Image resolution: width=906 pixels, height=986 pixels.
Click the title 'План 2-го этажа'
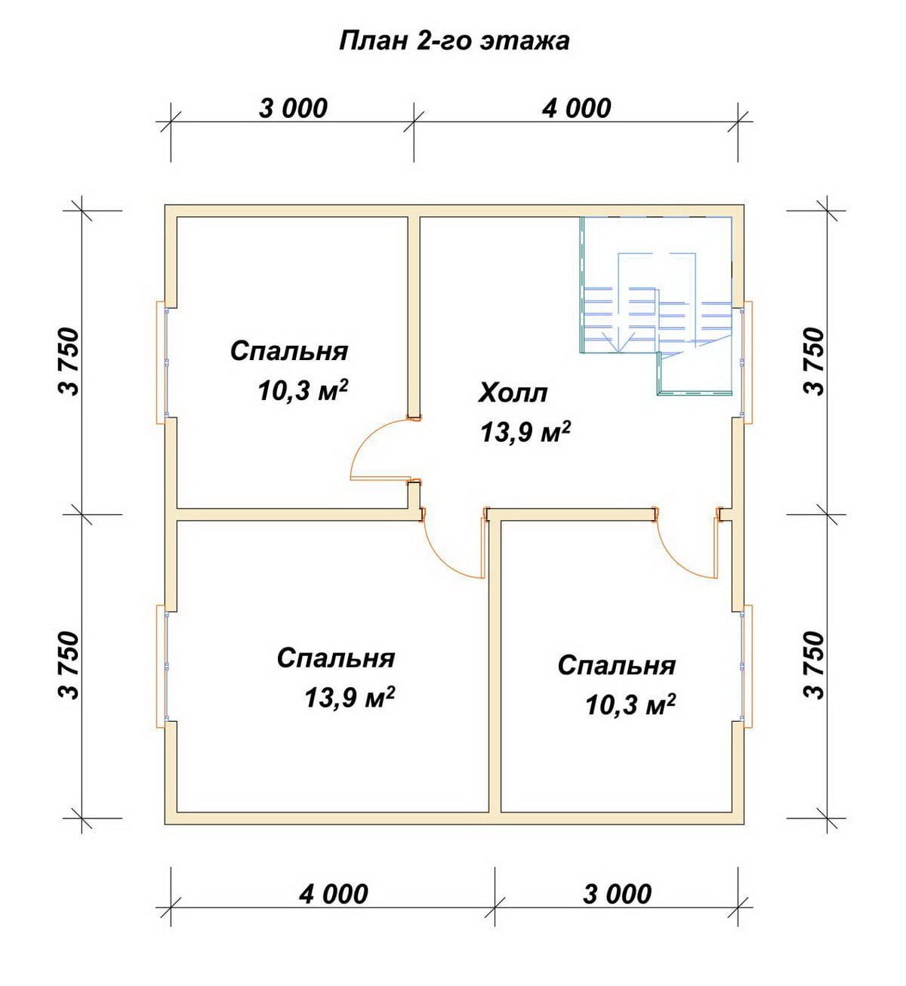455,42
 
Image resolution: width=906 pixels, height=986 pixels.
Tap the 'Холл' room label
513,393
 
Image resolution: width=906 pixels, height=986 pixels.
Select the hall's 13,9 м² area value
525,432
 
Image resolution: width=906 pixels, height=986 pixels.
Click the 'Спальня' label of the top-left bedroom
289,352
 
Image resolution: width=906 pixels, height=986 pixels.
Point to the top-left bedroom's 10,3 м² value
302,390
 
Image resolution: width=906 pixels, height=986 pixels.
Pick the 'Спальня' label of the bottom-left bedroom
336,658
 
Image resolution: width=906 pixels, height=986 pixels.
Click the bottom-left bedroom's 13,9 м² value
350,697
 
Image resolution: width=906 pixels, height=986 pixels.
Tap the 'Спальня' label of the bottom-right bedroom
616,666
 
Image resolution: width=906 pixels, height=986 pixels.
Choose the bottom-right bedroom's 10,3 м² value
630,705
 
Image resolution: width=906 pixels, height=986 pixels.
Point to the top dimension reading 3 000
293,109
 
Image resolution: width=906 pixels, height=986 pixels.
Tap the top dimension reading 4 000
576,109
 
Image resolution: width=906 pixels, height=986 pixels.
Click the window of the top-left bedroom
163,362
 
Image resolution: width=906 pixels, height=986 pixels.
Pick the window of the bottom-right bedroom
746,666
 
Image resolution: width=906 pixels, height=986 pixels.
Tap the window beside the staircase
746,362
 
